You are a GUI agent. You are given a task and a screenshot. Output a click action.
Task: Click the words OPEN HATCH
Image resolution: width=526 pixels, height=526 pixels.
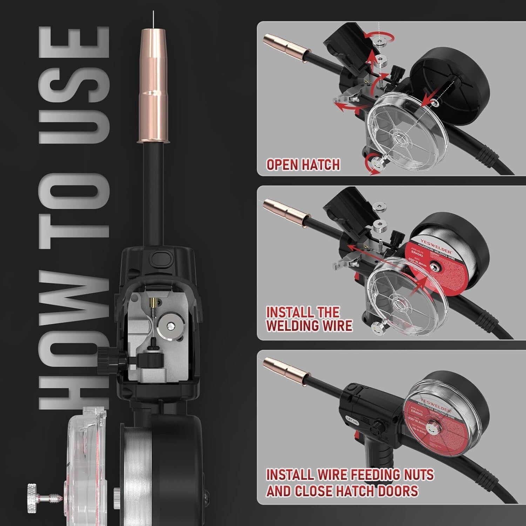(x=303, y=164)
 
